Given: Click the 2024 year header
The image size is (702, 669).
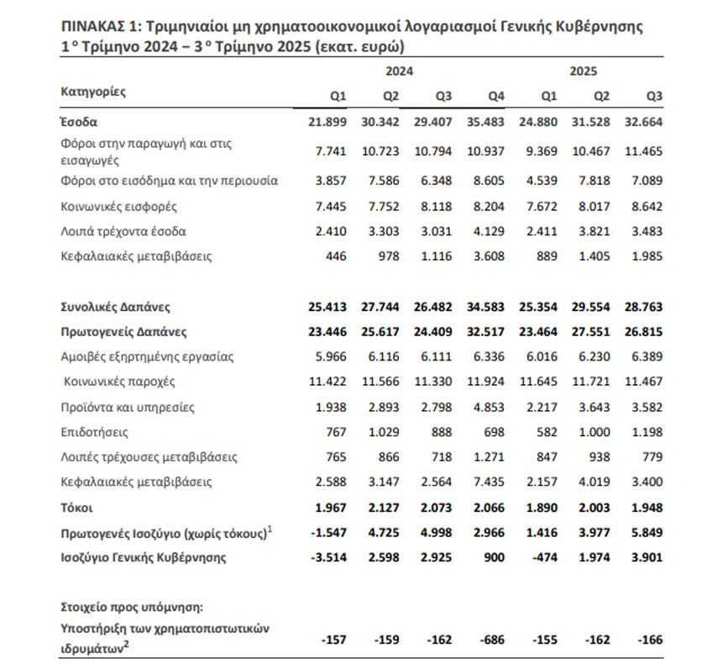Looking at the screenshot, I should (400, 72).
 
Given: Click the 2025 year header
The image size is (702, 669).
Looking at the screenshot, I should (583, 72).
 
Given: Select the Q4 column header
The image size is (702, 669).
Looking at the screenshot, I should (496, 97).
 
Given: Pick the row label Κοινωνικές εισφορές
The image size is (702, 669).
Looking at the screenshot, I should (118, 206).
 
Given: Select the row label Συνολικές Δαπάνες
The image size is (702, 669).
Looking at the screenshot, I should (116, 307).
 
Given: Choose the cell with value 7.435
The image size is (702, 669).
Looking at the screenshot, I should (488, 482).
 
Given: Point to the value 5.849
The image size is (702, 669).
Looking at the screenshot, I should (646, 533).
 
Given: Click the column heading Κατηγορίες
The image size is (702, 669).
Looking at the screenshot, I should (93, 91).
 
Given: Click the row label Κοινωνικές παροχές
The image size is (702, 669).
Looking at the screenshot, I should (120, 382).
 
